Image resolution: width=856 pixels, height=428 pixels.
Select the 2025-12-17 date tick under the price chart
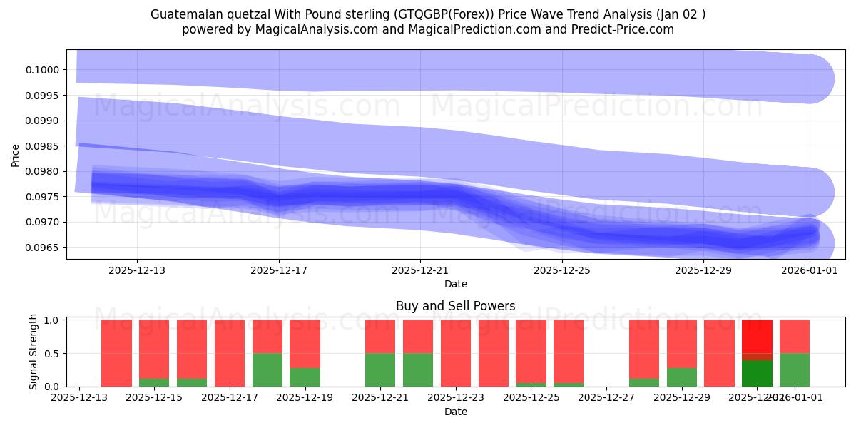[279, 270]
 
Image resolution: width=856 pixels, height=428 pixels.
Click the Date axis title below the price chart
[456, 284]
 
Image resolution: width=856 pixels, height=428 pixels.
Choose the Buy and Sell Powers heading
[456, 306]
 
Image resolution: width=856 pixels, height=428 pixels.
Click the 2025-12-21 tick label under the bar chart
[380, 398]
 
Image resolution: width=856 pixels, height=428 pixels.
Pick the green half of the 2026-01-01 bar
[795, 370]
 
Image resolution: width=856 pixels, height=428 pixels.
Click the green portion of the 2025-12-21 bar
[380, 370]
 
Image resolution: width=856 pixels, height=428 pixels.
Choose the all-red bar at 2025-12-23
[456, 353]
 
